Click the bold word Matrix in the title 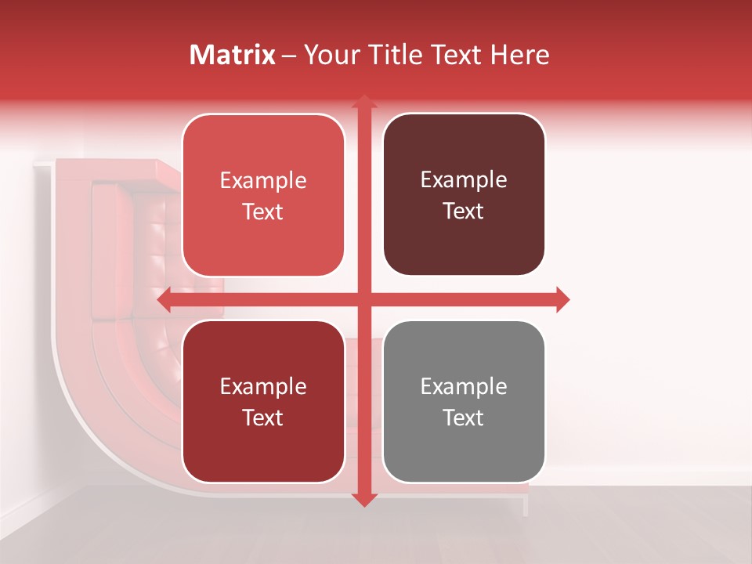pyautogui.click(x=233, y=55)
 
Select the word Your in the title pyautogui.click(x=330, y=55)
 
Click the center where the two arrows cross pyautogui.click(x=363, y=300)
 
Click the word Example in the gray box pyautogui.click(x=464, y=386)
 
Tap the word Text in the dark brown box pyautogui.click(x=464, y=211)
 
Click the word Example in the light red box pyautogui.click(x=263, y=180)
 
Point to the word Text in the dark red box pyautogui.click(x=263, y=418)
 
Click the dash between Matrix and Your pyautogui.click(x=289, y=56)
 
